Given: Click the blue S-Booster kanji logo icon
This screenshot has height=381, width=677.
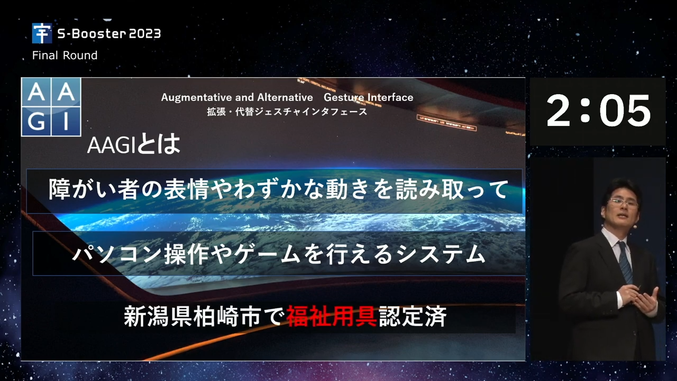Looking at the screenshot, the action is [42, 33].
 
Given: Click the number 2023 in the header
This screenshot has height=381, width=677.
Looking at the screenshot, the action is [145, 33].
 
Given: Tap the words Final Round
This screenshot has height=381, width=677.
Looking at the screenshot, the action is [65, 56].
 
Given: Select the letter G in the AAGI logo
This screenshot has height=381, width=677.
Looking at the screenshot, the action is [36, 121].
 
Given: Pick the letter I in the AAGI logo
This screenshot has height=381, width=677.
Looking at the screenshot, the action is [66, 121].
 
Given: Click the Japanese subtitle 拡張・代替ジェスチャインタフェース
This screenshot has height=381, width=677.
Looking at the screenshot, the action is [287, 112].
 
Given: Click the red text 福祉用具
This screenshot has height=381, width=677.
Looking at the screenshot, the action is [332, 316].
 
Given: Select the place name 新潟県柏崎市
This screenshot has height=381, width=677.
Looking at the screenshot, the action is [192, 316].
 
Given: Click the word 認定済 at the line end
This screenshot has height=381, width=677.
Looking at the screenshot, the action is [413, 316].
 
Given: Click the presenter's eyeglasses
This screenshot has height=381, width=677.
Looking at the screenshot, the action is [623, 203].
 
